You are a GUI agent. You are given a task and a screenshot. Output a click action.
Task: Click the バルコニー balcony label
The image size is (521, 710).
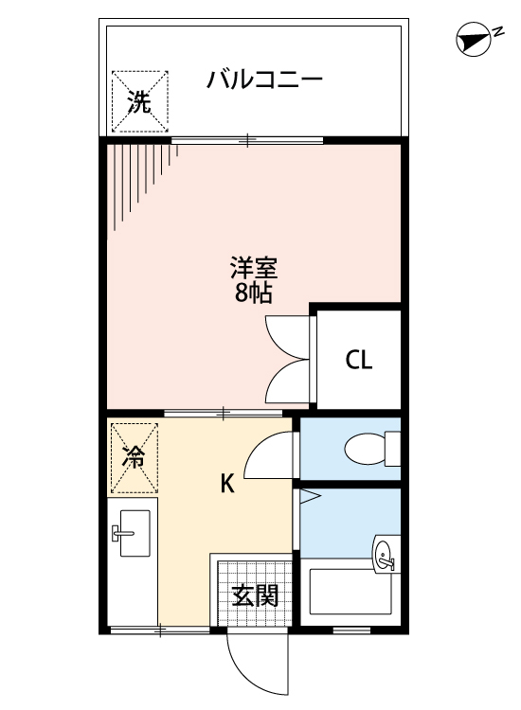265,78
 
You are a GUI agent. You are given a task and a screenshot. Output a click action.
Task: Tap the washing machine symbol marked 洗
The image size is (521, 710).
139,102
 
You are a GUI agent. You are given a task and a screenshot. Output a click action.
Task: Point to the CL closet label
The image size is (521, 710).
358,361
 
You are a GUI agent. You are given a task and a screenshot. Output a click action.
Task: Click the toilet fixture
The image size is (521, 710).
369,449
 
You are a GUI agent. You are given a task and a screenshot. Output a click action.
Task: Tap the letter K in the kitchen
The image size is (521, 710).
227,484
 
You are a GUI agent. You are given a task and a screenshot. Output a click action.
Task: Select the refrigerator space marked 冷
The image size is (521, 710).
134,458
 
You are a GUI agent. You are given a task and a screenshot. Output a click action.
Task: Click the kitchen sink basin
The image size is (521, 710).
130,536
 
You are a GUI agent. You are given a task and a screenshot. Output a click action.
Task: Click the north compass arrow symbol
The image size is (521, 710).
471,40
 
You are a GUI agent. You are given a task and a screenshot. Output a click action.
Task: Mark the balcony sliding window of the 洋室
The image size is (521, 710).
247,141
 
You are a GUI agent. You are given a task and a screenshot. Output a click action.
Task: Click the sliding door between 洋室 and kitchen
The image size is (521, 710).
223,413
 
